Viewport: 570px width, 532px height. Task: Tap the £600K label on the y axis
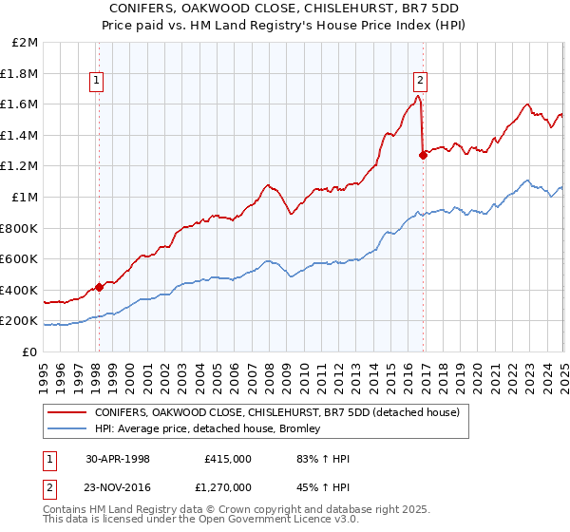click(x=19, y=259)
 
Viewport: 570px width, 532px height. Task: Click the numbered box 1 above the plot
click(x=98, y=82)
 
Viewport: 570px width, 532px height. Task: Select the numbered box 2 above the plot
click(x=420, y=82)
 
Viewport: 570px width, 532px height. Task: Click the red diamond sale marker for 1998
click(x=99, y=287)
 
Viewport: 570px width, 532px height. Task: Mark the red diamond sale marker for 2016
click(x=423, y=155)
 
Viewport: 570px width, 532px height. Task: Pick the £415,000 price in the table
click(x=228, y=459)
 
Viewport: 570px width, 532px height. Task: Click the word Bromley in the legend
click(x=300, y=429)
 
